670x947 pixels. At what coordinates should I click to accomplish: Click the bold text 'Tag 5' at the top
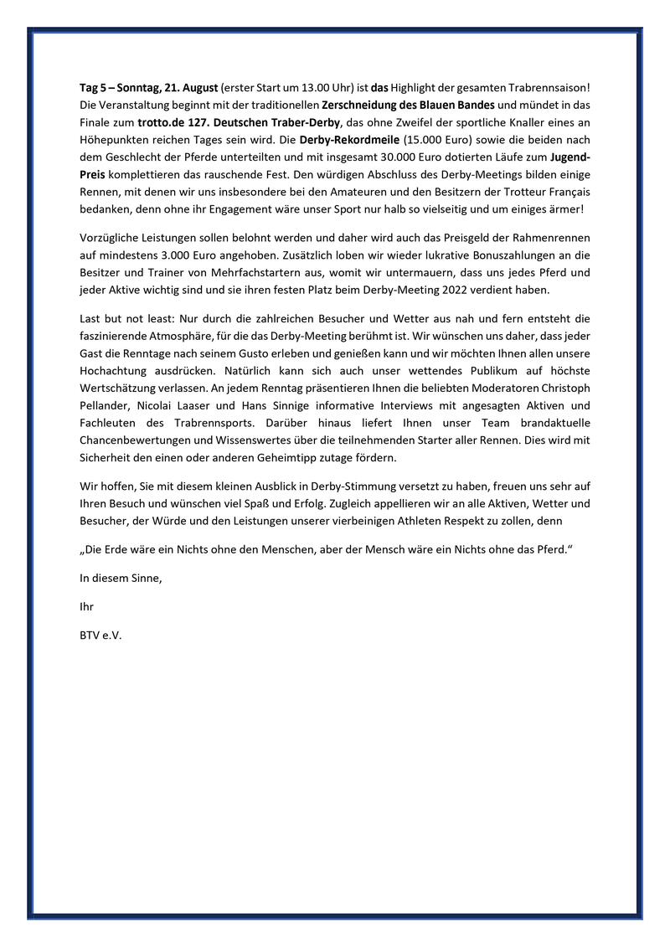95,88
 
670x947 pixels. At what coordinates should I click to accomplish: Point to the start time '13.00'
298,88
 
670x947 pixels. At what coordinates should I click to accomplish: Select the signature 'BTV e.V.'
100,636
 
